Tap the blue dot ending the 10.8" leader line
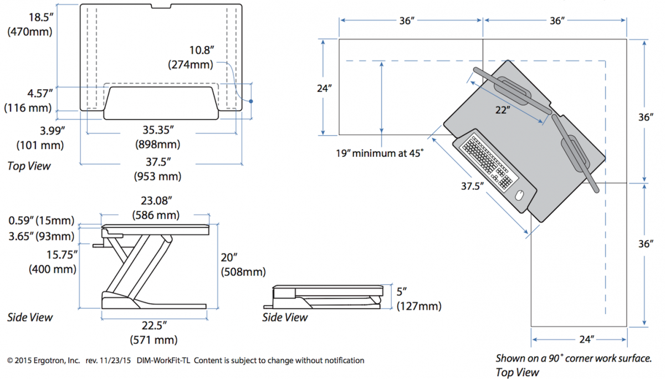pos(251,101)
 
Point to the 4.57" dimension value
pos(28,93)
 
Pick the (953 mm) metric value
pos(157,177)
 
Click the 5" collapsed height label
pos(402,291)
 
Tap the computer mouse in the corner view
pos(519,196)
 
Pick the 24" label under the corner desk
pos(579,338)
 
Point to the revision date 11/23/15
pos(115,361)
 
